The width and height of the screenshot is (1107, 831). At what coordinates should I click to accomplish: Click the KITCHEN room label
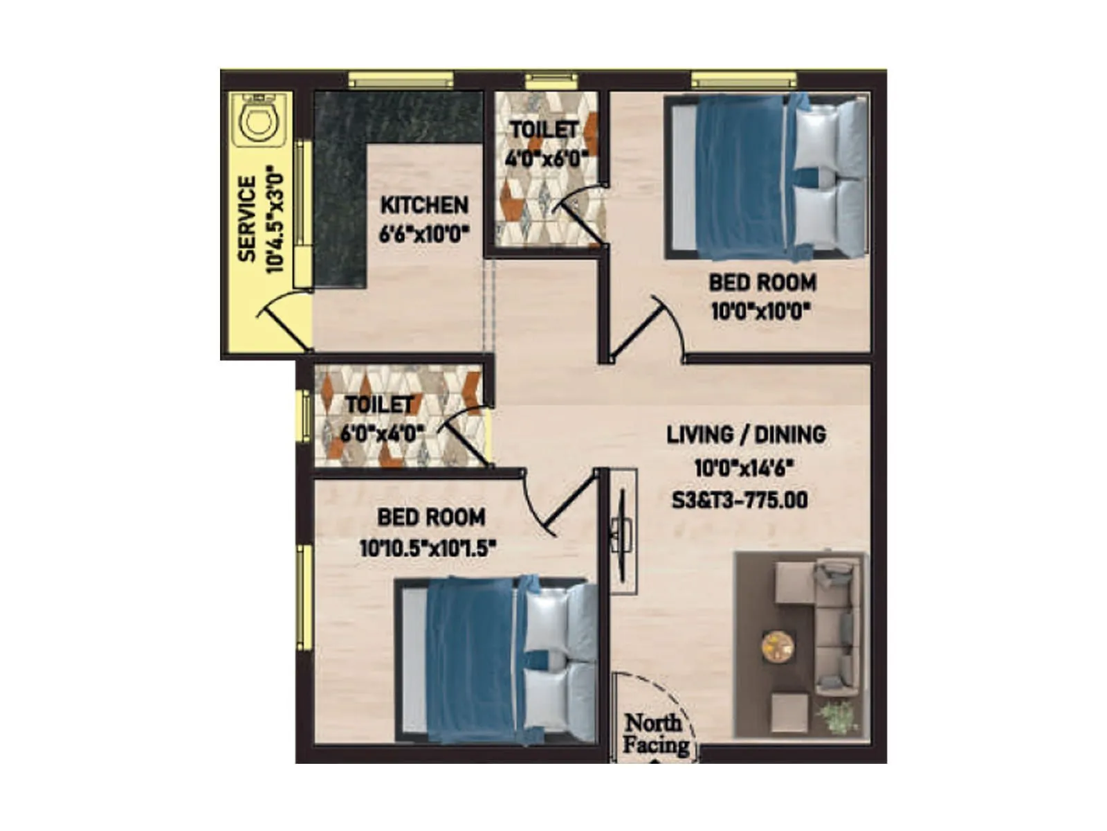click(x=424, y=205)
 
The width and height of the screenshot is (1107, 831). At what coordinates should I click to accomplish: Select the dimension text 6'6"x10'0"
click(x=424, y=233)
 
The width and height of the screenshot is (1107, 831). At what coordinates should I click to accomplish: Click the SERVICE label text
click(x=247, y=218)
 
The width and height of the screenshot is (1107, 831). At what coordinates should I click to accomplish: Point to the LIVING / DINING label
click(x=746, y=435)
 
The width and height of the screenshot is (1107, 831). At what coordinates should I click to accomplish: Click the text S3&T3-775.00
click(x=740, y=500)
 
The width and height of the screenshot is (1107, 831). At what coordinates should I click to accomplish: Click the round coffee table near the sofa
click(x=778, y=645)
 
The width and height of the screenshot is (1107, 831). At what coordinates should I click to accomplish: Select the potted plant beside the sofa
click(x=839, y=717)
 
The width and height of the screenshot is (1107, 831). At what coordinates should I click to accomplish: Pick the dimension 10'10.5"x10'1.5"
click(x=428, y=549)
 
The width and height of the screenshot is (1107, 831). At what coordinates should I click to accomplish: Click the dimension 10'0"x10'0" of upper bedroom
click(x=760, y=311)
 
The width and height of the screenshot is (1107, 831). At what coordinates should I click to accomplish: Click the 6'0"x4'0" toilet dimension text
click(x=381, y=434)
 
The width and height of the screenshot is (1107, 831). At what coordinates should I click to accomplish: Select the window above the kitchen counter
click(x=401, y=80)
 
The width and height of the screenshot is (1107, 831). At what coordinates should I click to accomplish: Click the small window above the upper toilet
click(x=551, y=80)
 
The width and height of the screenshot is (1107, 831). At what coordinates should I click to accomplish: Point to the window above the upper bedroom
click(x=744, y=80)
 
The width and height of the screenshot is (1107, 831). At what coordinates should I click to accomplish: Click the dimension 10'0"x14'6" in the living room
click(x=743, y=469)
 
